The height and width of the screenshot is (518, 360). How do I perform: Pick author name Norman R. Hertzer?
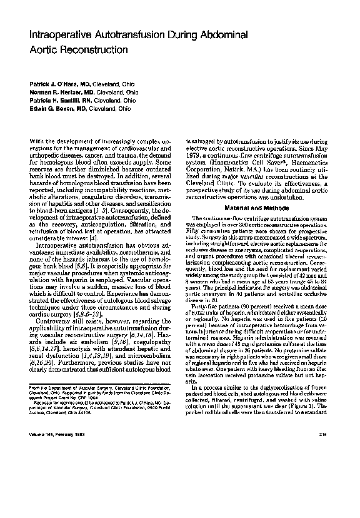[x=56, y=91]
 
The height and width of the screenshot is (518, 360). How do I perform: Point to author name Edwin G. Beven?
[x=52, y=108]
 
